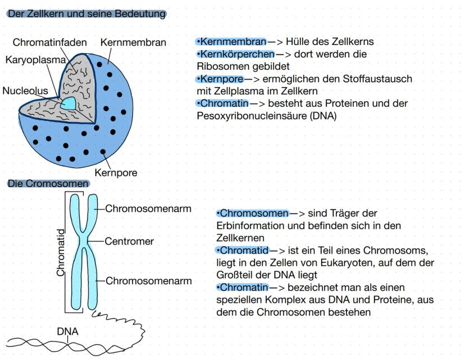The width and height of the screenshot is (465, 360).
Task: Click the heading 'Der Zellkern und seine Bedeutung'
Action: tap(86, 13)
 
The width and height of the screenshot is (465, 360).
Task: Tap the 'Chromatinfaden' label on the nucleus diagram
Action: tap(50, 43)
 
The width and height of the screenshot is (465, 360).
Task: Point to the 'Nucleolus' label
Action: tap(25, 90)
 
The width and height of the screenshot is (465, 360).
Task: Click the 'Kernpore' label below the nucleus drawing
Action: tap(116, 172)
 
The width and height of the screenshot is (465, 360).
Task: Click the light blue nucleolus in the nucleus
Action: tap(69, 103)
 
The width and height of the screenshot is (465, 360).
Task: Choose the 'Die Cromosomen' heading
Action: tap(48, 184)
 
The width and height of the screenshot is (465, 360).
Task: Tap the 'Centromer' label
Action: tap(129, 241)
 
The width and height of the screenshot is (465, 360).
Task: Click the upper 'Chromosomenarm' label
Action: tap(149, 208)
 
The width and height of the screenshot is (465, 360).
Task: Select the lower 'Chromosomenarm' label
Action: tap(149, 280)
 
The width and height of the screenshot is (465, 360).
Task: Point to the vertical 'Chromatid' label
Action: tap(61, 254)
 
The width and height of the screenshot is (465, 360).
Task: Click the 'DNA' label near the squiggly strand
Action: tap(67, 331)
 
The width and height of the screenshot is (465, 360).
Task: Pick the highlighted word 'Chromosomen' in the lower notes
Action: tap(254, 213)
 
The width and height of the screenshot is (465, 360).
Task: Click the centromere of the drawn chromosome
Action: tap(84, 241)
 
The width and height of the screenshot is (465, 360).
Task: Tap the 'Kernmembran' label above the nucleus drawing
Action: tap(133, 43)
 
